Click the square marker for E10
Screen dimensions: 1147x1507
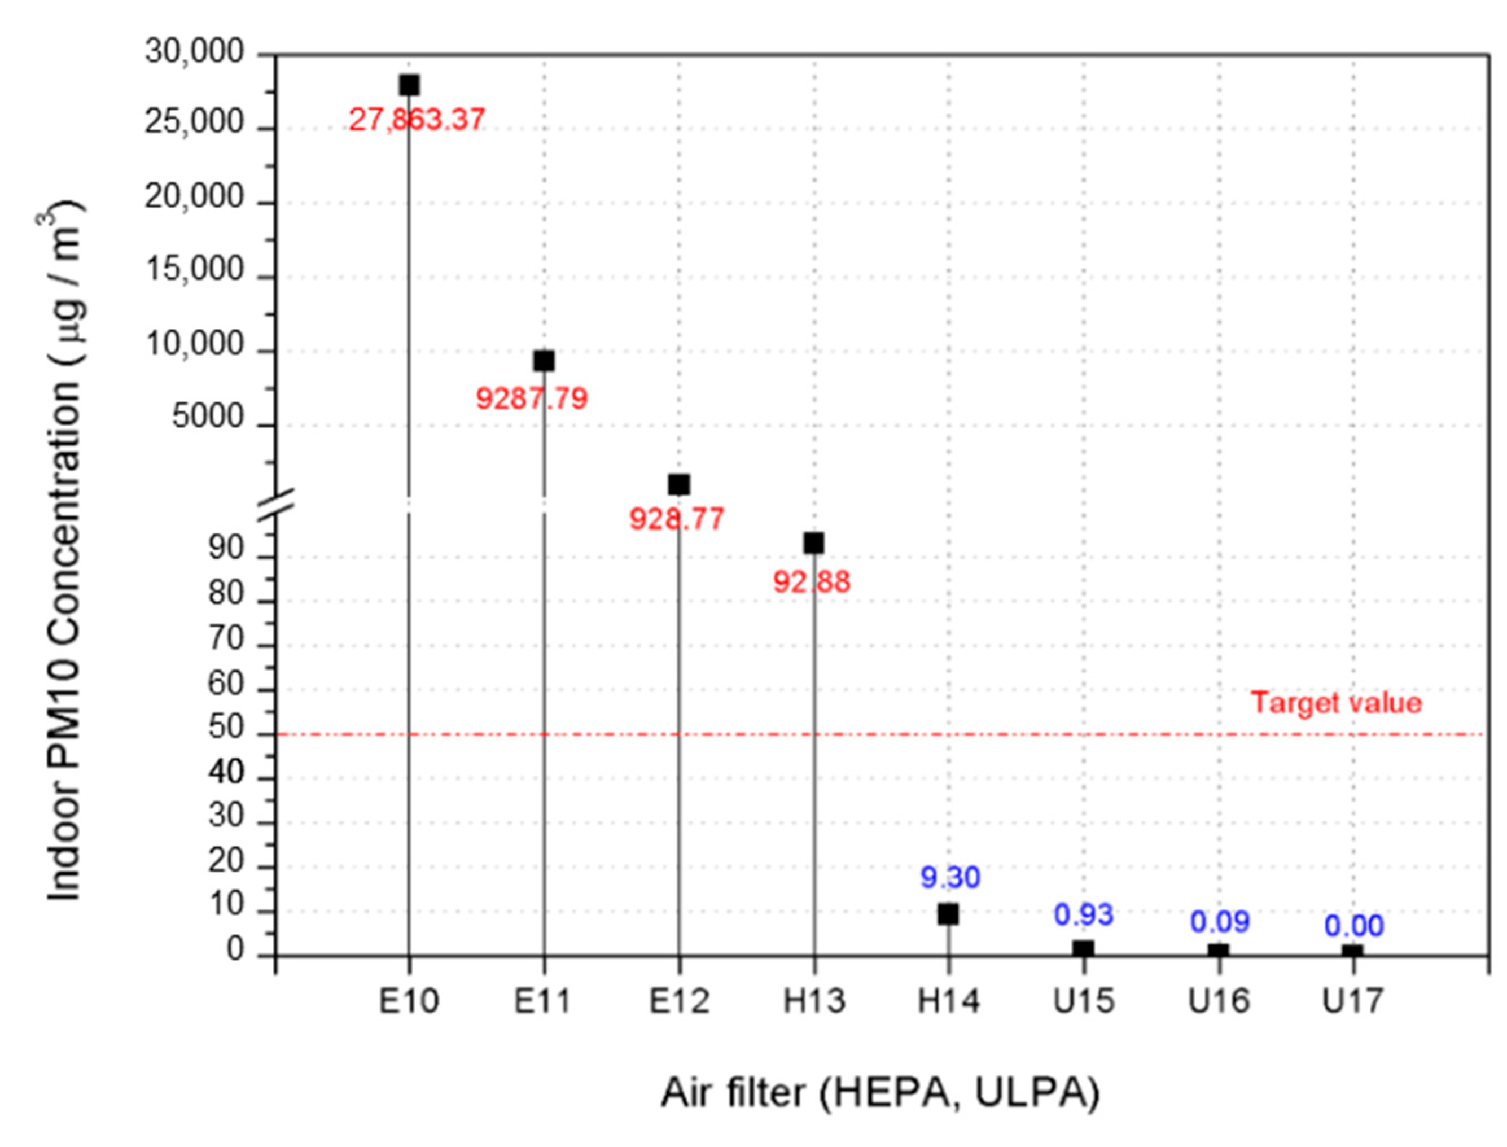point(408,85)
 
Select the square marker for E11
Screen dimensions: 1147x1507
point(544,361)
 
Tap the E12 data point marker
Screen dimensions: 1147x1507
point(678,484)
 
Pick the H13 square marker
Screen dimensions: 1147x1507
point(813,544)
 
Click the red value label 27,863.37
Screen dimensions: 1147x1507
point(417,120)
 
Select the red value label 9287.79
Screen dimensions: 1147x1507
point(531,399)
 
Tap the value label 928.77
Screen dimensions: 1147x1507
point(676,519)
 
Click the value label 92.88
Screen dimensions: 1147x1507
point(811,583)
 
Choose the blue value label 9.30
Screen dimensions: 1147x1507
point(950,877)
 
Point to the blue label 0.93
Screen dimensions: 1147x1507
point(1083,915)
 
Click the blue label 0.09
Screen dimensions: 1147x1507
point(1220,922)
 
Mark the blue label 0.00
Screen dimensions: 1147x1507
point(1354,926)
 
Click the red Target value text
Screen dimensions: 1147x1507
point(1335,703)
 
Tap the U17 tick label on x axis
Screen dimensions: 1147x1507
point(1353,1001)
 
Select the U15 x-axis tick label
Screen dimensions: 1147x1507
point(1084,1001)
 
